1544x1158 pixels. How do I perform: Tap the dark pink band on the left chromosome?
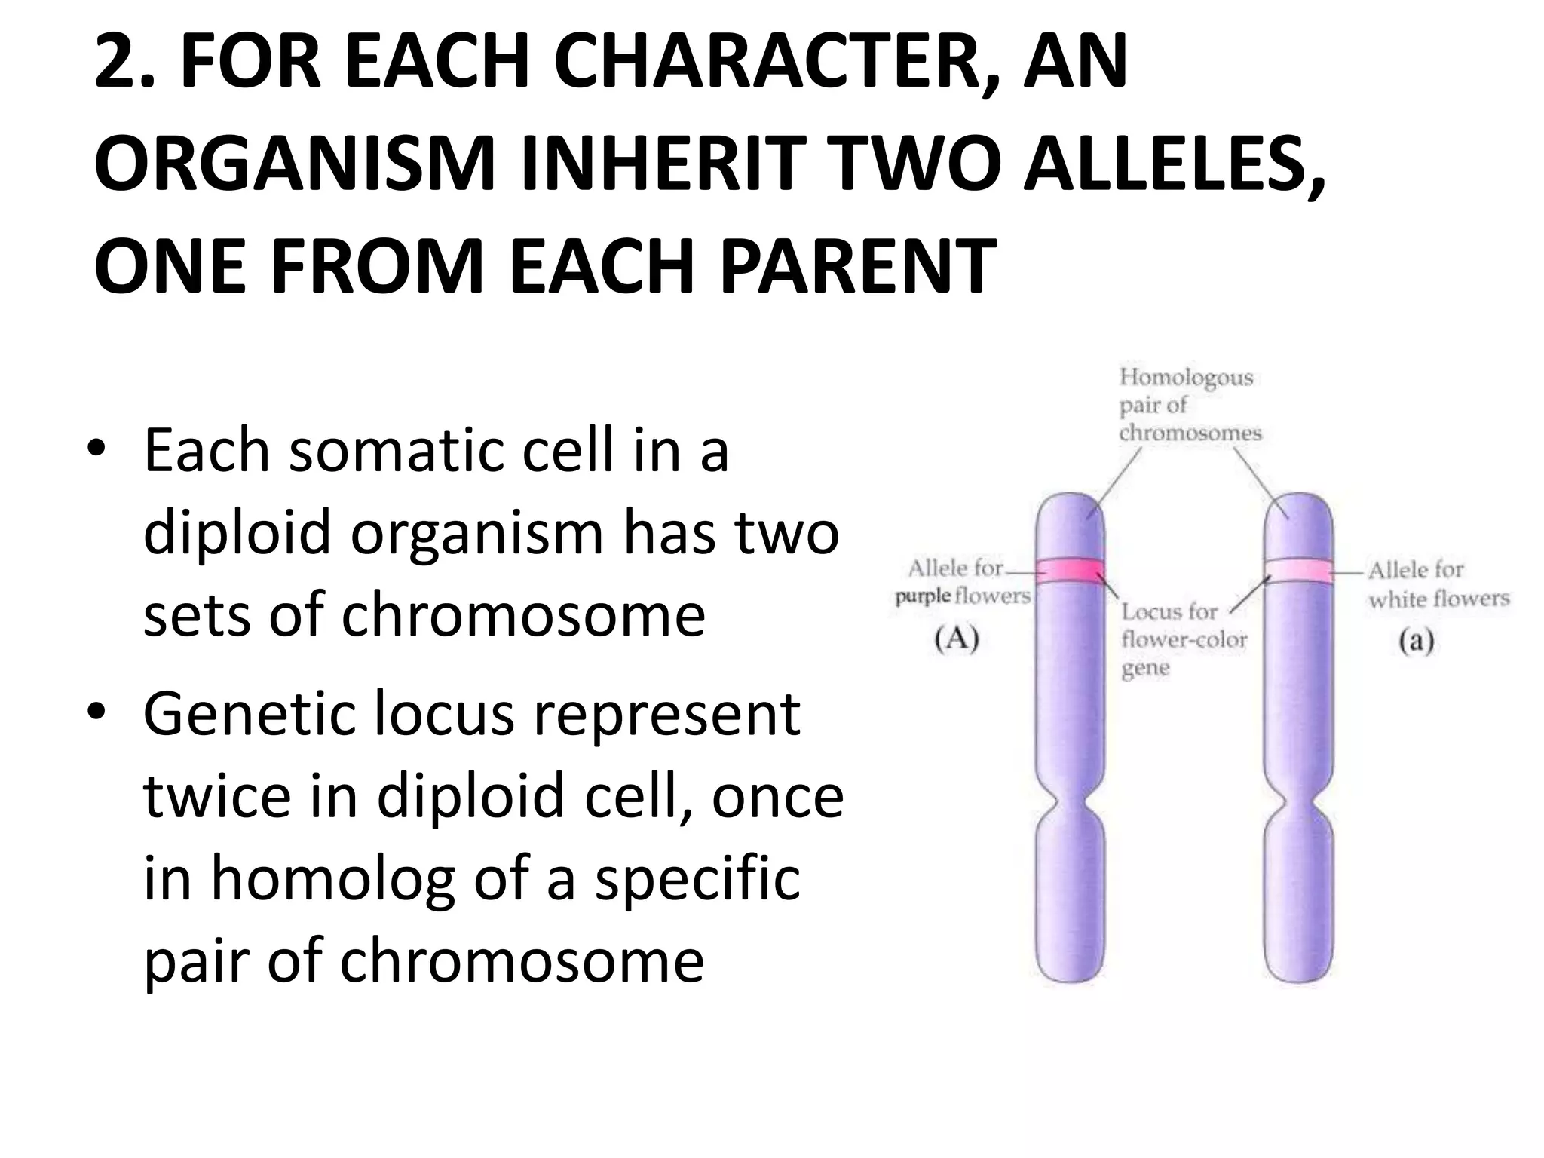[x=1071, y=571]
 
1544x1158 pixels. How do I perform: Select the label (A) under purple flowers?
[x=956, y=639]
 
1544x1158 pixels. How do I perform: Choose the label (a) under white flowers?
[x=1415, y=641]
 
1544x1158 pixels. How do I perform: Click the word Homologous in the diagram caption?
[x=1186, y=378]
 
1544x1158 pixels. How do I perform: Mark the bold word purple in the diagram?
[x=922, y=596]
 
